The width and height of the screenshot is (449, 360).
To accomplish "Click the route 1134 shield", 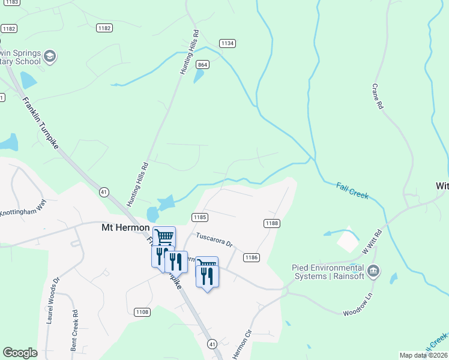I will [227, 43].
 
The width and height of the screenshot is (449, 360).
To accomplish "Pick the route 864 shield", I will [202, 65].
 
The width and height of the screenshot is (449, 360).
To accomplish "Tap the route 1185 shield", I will [200, 217].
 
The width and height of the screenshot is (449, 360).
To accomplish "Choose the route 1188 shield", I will [271, 223].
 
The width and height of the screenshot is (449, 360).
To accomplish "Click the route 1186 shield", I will [252, 257].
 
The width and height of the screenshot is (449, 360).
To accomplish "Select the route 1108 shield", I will [142, 311].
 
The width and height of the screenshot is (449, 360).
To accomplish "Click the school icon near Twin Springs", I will [50, 58].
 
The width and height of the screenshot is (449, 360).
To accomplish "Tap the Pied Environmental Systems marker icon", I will [373, 271].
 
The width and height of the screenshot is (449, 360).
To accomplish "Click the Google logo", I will [20, 353].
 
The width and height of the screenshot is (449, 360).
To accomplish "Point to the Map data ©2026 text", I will [423, 355].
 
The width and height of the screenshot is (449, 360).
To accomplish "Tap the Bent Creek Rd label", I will [74, 330].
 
